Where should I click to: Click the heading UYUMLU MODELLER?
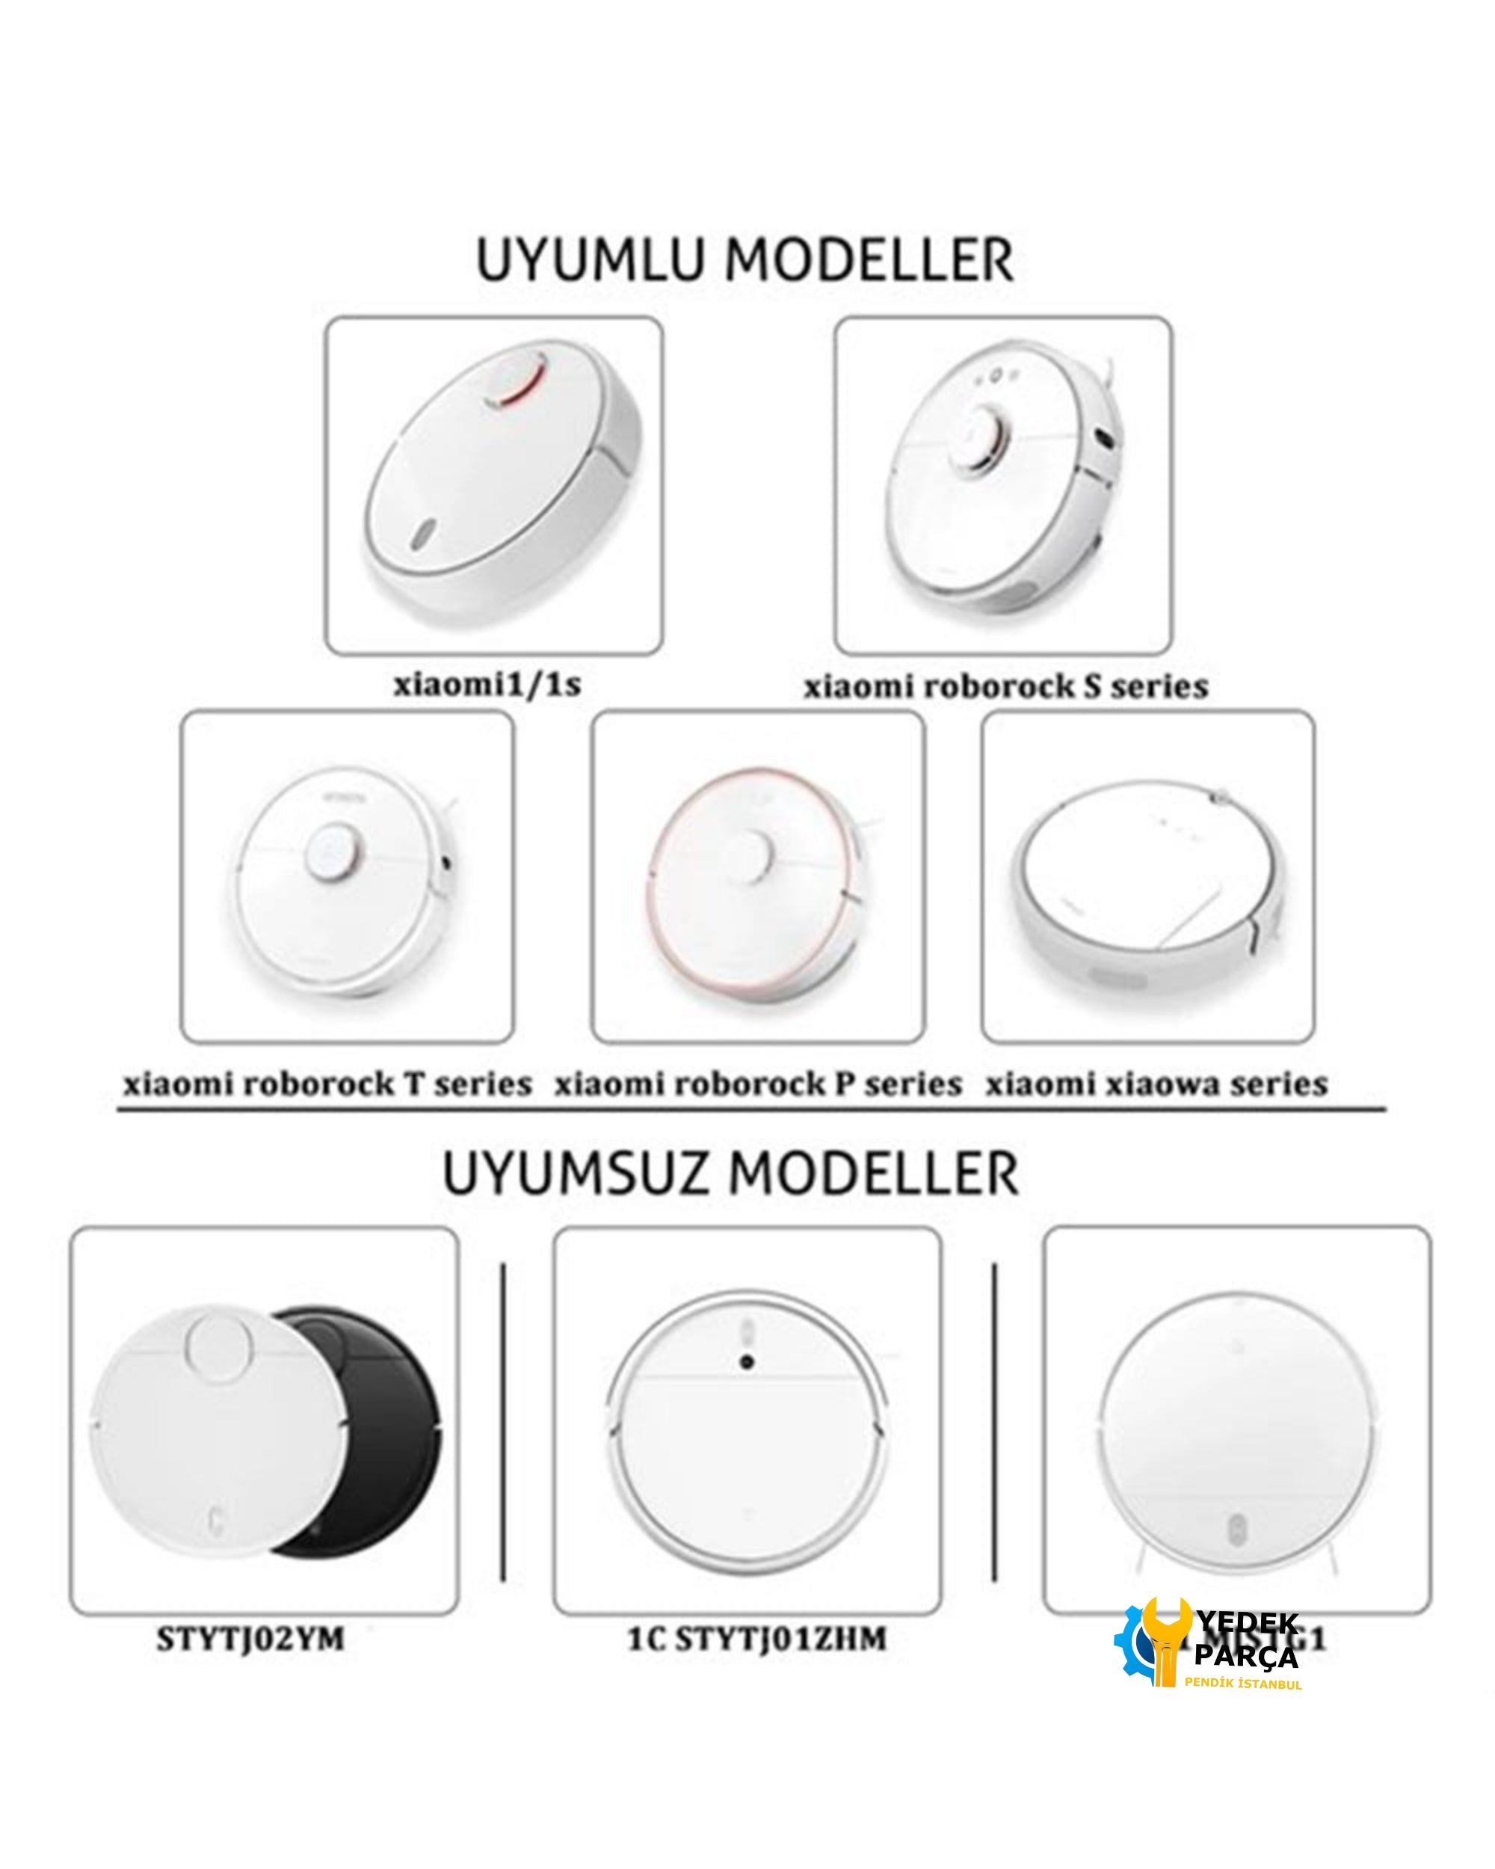point(745,259)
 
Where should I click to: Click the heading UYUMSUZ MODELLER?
point(730,1174)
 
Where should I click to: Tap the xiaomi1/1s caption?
point(487,685)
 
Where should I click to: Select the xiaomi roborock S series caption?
point(1005,686)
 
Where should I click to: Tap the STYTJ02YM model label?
point(250,1639)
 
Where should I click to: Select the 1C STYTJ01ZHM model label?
point(756,1639)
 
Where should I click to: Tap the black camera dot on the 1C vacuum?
point(746,1364)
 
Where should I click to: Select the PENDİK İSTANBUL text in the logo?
point(1243,1684)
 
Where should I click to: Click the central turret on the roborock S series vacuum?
point(984,438)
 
